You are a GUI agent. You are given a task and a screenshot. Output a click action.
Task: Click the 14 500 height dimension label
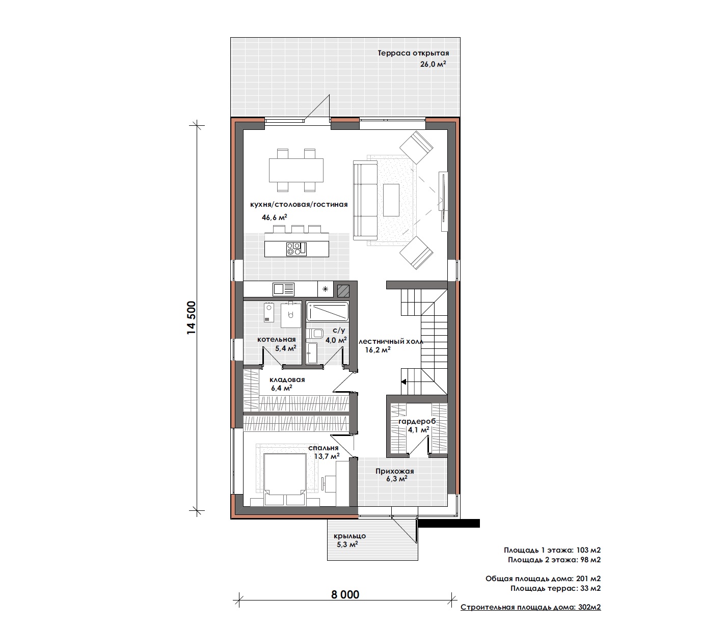[191, 317]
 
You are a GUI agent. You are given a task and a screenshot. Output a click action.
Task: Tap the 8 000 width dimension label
[345, 594]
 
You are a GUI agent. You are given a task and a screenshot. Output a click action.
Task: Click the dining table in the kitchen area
[296, 170]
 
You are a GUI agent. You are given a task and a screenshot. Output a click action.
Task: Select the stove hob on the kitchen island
[294, 248]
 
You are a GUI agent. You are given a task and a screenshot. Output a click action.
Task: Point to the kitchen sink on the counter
[283, 289]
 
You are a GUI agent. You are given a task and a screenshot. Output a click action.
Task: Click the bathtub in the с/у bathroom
[328, 311]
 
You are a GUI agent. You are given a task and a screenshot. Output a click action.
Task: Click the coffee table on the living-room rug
[391, 200]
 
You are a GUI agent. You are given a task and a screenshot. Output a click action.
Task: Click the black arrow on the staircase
[403, 381]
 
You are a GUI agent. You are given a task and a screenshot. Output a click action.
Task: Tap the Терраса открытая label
[413, 53]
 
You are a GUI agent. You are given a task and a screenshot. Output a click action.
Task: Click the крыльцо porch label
[349, 536]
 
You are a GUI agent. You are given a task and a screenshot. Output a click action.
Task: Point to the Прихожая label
[395, 471]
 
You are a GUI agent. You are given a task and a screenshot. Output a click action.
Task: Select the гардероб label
[417, 421]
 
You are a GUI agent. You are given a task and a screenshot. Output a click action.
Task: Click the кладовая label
[287, 380]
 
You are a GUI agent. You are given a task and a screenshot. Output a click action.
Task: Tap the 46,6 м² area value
[274, 217]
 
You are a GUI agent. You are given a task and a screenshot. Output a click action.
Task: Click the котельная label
[277, 340]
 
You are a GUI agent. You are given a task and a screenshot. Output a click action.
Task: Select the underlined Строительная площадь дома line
[531, 607]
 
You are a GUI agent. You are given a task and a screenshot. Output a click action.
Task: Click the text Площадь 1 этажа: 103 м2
[552, 550]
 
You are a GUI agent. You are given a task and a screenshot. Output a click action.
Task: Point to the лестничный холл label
[391, 341]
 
